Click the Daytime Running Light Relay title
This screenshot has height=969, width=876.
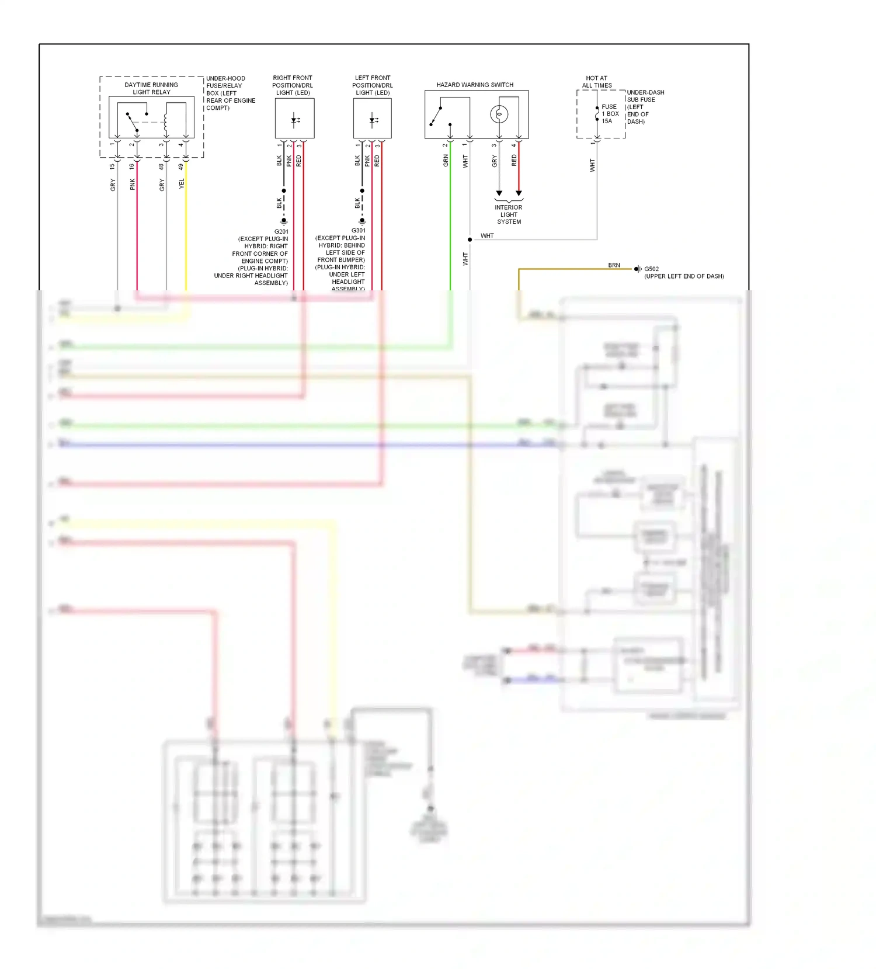click(x=151, y=88)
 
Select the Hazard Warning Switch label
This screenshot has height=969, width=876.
click(x=474, y=85)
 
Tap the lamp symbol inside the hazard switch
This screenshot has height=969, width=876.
click(x=499, y=114)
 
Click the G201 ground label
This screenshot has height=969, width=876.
click(x=281, y=231)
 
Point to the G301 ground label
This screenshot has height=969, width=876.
click(x=358, y=230)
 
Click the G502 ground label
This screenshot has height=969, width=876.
click(x=651, y=269)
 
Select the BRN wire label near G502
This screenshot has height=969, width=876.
click(x=614, y=265)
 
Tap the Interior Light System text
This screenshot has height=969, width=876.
click(x=509, y=214)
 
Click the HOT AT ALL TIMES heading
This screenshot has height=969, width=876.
click(x=596, y=82)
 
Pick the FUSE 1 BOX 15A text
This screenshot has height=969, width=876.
click(x=610, y=114)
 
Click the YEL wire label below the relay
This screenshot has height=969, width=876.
click(x=182, y=183)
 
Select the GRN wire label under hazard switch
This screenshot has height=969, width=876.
click(x=446, y=161)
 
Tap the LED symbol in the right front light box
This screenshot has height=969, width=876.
click(x=295, y=121)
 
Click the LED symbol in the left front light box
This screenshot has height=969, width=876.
click(x=373, y=121)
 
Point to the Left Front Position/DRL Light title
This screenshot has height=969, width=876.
click(x=372, y=85)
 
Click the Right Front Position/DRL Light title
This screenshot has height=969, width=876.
click(x=293, y=85)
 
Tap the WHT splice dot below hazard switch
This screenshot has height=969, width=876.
click(x=470, y=239)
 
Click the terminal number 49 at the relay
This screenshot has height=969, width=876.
click(x=181, y=166)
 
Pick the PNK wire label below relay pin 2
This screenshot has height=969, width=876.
click(x=133, y=184)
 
